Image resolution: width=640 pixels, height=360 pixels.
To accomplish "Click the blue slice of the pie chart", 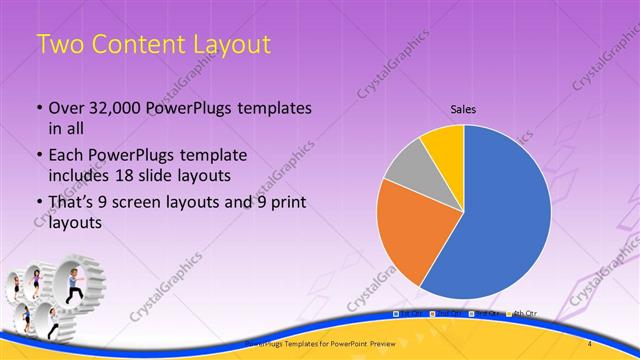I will pos(500,220).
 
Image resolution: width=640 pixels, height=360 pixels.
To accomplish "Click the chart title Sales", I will pos(463,107).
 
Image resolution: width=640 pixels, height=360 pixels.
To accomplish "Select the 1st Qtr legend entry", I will pos(408,314).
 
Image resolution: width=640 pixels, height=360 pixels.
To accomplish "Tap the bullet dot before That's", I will pos(38,204).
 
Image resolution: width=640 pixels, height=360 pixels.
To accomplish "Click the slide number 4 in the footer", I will pos(590,343).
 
